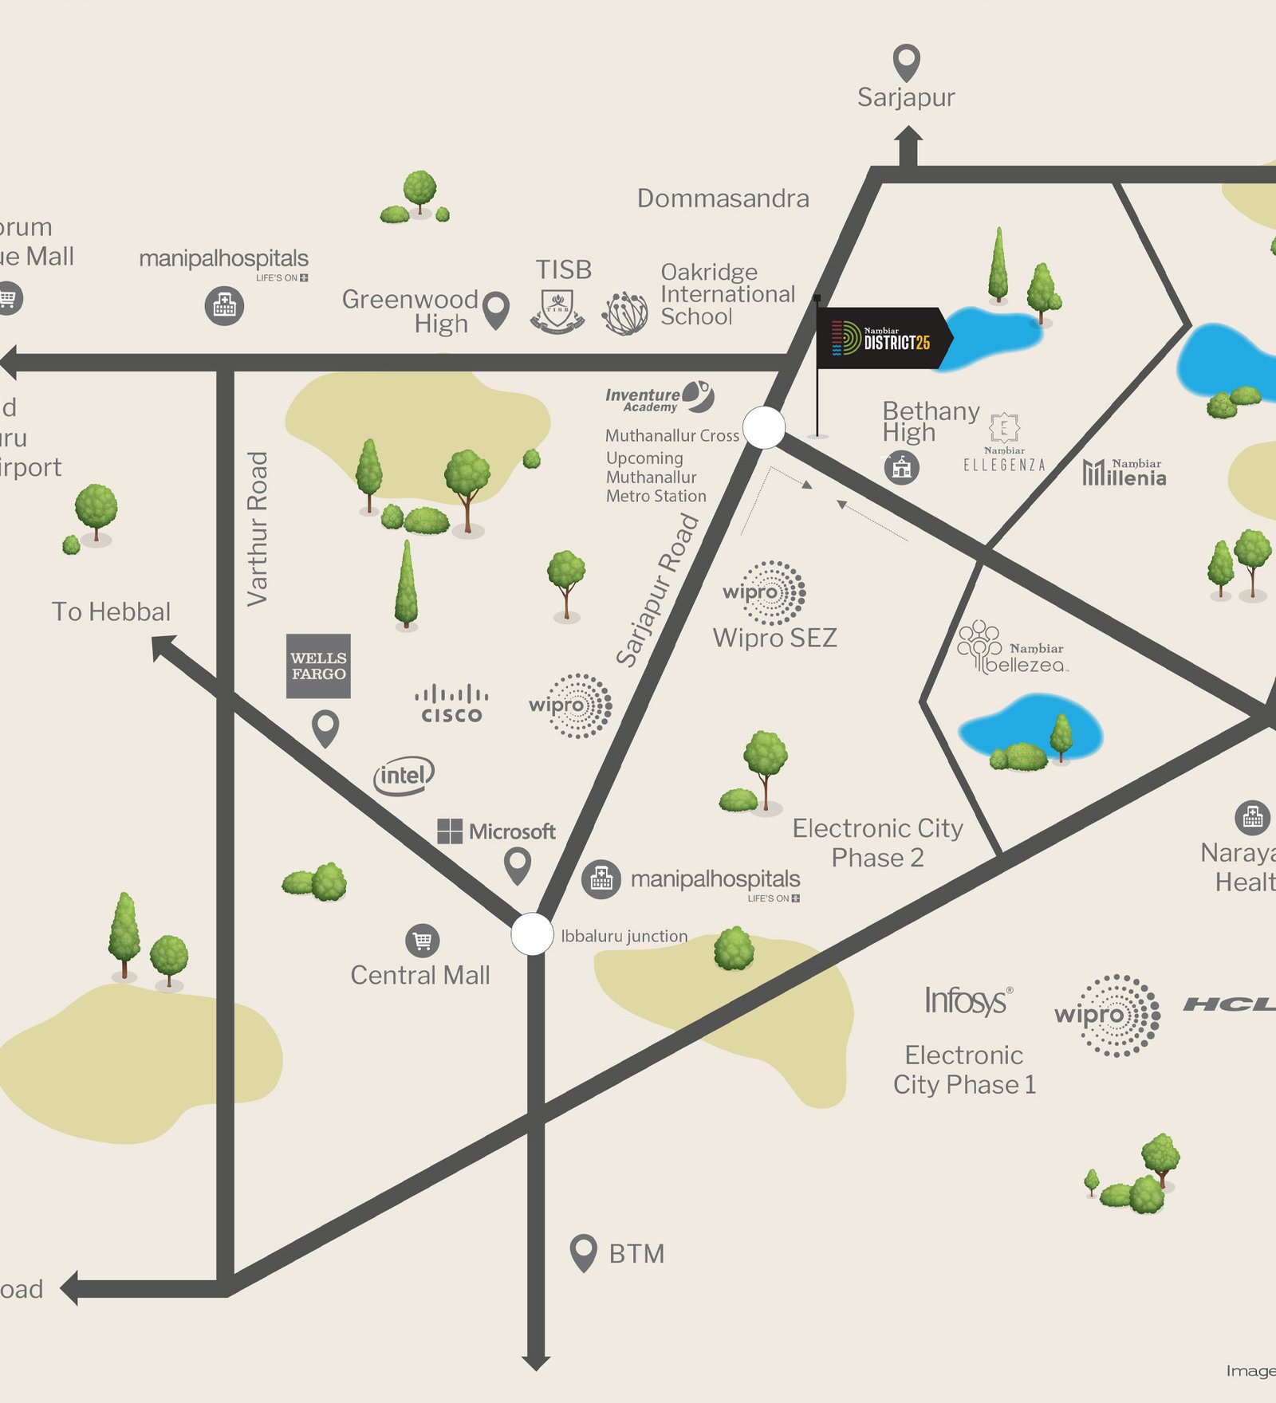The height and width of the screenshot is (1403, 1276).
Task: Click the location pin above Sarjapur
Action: [x=906, y=61]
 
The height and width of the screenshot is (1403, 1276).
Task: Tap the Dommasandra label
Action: [x=723, y=198]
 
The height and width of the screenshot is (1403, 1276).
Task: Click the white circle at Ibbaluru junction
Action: [x=532, y=933]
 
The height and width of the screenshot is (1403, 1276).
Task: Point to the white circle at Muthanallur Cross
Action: [x=764, y=427]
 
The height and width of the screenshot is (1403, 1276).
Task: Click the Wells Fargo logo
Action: [x=318, y=666]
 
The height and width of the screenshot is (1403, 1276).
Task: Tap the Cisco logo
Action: [x=451, y=704]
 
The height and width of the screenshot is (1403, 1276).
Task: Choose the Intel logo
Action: [x=404, y=775]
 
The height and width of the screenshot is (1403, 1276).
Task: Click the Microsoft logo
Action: [x=496, y=831]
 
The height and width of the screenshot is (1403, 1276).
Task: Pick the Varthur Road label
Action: [x=257, y=529]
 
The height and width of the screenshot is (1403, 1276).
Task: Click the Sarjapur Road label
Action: [x=657, y=591]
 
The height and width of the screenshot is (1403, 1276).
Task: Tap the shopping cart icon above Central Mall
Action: [x=422, y=941]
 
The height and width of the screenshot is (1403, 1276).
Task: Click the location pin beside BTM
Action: [x=584, y=1252]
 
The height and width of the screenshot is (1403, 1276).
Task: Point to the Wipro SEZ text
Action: [x=774, y=638]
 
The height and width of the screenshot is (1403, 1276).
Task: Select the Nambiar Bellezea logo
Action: [x=1011, y=649]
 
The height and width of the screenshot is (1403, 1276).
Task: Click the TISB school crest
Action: [x=557, y=311]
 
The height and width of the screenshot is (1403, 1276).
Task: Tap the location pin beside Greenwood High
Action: [x=497, y=309]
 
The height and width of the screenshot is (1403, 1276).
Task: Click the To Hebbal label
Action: [x=111, y=611]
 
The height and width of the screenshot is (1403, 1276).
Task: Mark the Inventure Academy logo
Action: [x=659, y=398]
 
